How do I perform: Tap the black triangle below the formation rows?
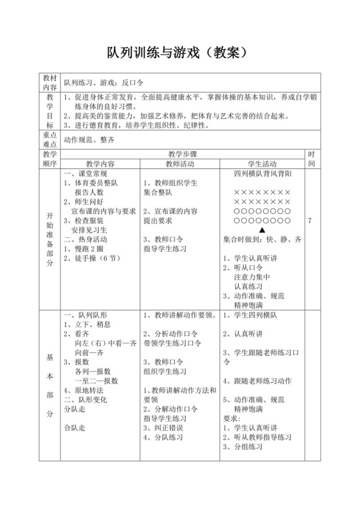click(x=262, y=229)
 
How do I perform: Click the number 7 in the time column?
click(x=310, y=220)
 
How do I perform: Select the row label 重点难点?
click(x=50, y=140)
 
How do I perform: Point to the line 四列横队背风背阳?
click(x=262, y=174)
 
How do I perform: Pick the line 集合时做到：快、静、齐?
click(x=262, y=239)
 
